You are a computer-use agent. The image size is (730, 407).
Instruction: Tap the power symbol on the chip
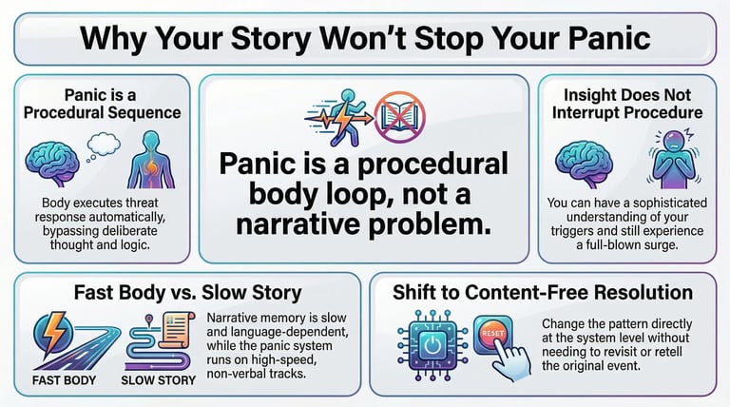pyautogui.click(x=432, y=347)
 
